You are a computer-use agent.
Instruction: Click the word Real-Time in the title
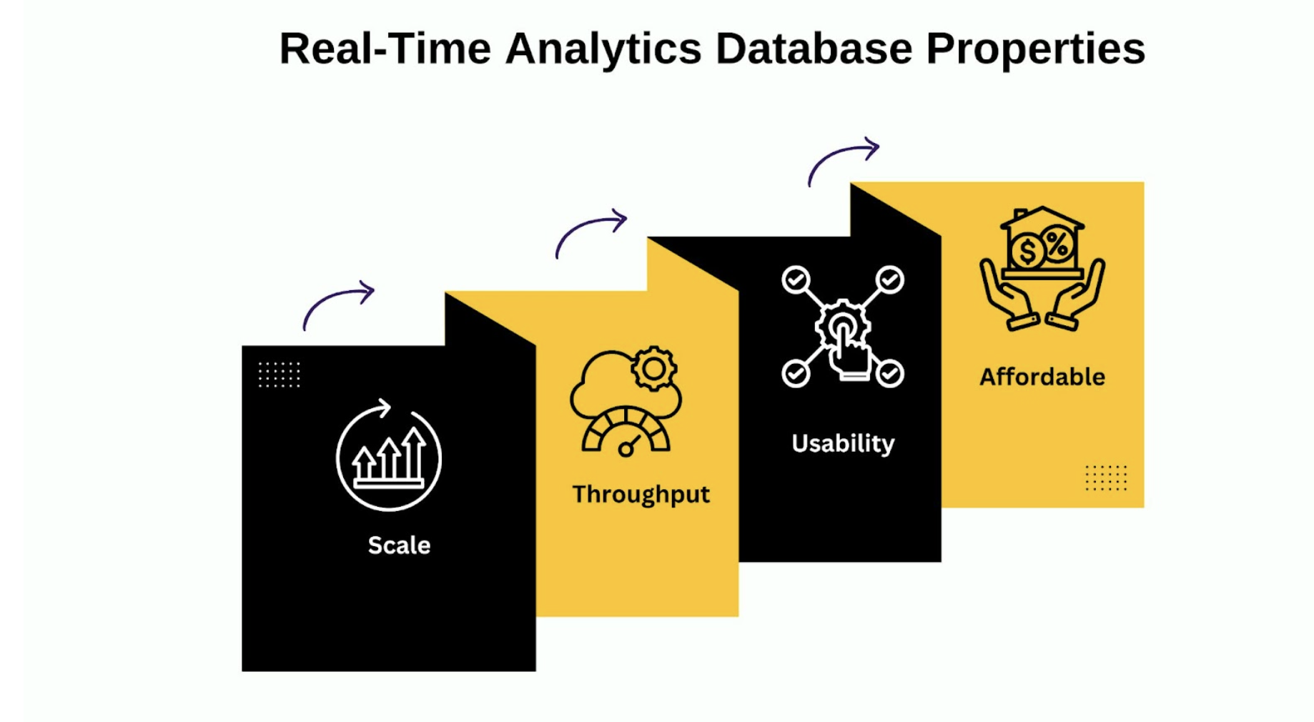(x=385, y=49)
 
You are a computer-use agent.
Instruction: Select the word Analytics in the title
(x=603, y=50)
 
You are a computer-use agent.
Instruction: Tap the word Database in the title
(x=814, y=49)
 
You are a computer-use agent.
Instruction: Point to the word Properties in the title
(x=1036, y=50)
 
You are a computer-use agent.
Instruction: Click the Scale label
(x=399, y=545)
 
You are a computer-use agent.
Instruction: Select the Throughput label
(x=641, y=495)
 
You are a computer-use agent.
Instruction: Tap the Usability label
(x=843, y=444)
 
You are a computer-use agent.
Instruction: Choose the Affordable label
(x=1042, y=377)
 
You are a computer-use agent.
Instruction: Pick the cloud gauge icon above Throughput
(x=626, y=401)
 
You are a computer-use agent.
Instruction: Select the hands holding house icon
(x=1042, y=269)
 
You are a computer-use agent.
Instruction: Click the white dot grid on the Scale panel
(x=280, y=375)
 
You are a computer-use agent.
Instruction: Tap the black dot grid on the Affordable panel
(x=1106, y=478)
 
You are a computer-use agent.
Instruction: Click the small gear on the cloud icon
(x=654, y=369)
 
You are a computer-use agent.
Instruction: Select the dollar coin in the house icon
(x=1027, y=252)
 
